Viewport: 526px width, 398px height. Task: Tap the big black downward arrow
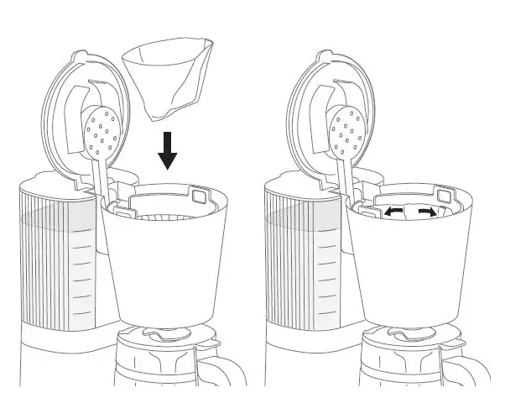[x=169, y=150]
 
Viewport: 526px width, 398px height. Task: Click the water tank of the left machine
[x=59, y=260]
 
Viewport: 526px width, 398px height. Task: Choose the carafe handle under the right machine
[x=466, y=369]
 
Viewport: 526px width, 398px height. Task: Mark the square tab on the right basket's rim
[x=445, y=196]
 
